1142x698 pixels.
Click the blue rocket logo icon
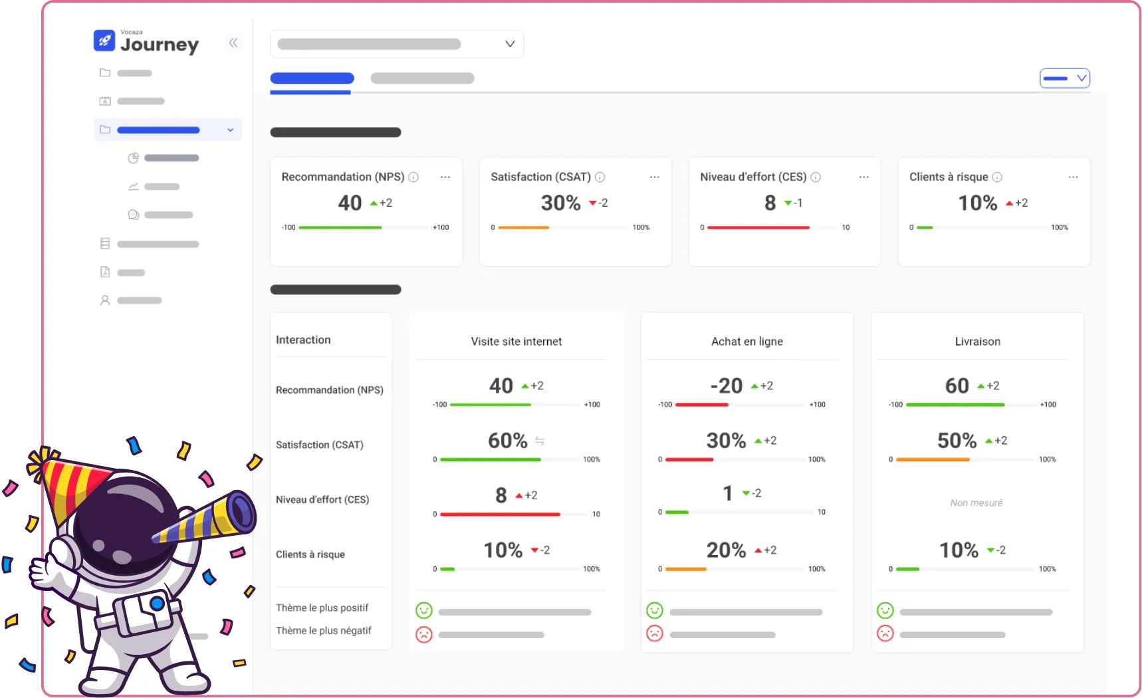pyautogui.click(x=104, y=41)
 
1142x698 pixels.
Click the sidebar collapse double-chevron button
pyautogui.click(x=233, y=43)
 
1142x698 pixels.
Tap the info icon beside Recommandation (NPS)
pyautogui.click(x=413, y=177)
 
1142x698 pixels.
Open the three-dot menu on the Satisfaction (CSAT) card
pyautogui.click(x=654, y=177)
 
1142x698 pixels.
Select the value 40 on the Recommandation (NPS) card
pyautogui.click(x=350, y=203)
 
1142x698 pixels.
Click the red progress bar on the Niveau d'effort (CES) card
pyautogui.click(x=758, y=227)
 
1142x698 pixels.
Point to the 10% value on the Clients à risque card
pyautogui.click(x=977, y=203)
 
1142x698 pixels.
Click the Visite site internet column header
pyautogui.click(x=516, y=342)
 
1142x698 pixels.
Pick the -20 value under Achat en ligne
pyautogui.click(x=726, y=386)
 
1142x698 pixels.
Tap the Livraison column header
pyautogui.click(x=977, y=342)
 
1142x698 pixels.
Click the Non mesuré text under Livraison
pyautogui.click(x=976, y=503)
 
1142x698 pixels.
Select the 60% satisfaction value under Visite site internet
pyautogui.click(x=507, y=441)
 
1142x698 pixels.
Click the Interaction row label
pyautogui.click(x=303, y=340)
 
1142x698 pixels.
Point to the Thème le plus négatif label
pyautogui.click(x=324, y=630)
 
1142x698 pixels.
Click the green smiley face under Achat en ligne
pyautogui.click(x=655, y=610)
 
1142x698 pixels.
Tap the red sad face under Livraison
pyautogui.click(x=885, y=633)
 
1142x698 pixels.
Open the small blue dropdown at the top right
pyautogui.click(x=1064, y=78)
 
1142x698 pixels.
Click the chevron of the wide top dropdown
pyautogui.click(x=510, y=44)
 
